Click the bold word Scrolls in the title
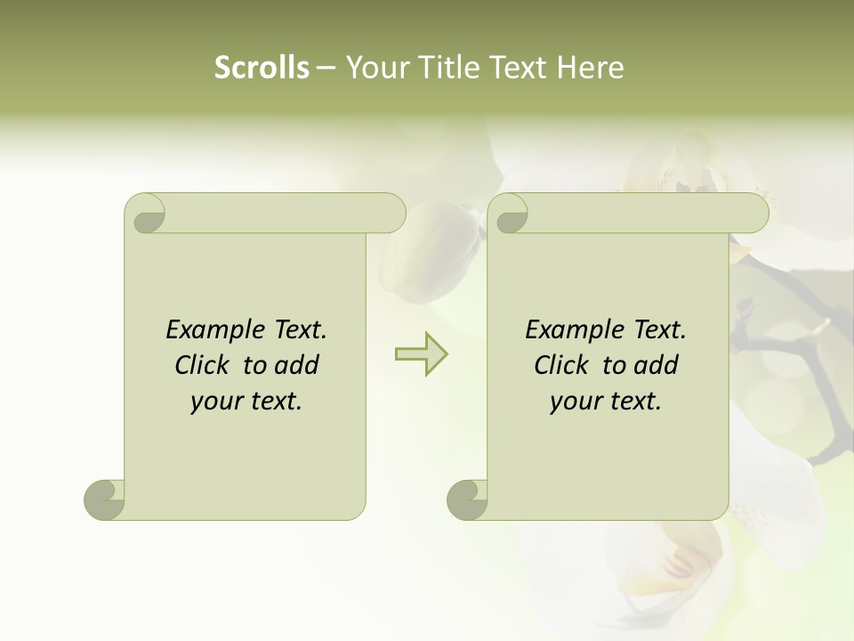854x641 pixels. (262, 68)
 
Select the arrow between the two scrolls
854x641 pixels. (422, 353)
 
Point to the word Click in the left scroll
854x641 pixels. (205, 365)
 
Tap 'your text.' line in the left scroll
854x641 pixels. (246, 402)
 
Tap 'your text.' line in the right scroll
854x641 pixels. (605, 402)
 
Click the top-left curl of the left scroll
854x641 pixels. (146, 214)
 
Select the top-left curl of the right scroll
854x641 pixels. (509, 214)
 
